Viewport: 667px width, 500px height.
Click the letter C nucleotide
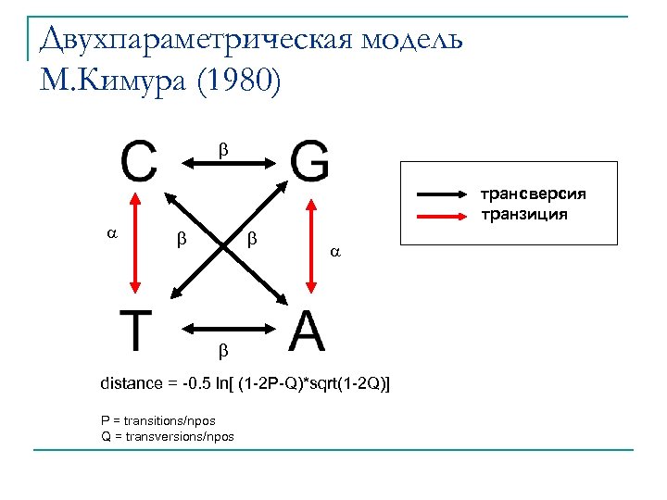139,162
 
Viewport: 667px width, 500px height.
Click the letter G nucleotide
308,162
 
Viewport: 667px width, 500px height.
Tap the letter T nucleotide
137,331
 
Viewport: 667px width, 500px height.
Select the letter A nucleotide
307,331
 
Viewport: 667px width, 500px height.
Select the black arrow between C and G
226,164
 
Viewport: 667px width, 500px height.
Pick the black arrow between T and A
226,327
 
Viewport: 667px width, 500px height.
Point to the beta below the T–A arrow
221,351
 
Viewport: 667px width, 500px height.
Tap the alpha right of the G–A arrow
336,251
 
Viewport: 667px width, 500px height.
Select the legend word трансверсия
533,194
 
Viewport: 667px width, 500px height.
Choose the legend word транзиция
523,215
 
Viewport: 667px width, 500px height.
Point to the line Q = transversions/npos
167,436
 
